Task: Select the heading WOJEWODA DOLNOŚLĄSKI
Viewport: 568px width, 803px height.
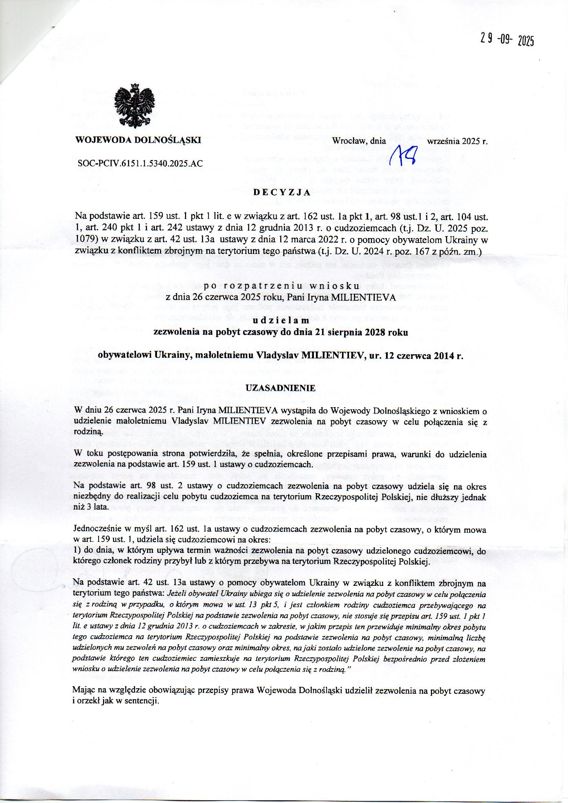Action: coord(138,140)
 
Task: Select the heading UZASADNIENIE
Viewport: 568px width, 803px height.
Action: coord(281,388)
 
